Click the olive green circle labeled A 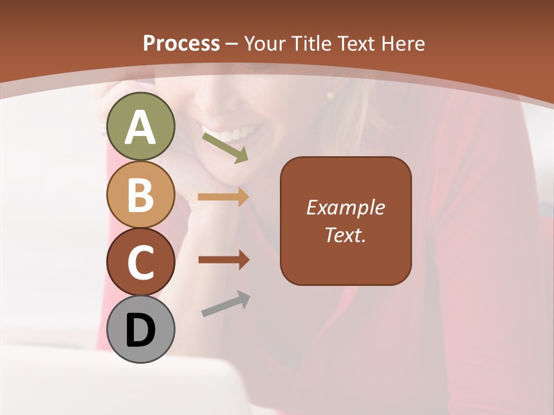pos(141,126)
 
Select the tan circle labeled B pos(141,194)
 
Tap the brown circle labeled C pos(141,262)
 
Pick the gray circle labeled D pos(141,330)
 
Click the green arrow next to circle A pos(225,148)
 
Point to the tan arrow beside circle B pos(223,197)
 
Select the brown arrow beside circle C pos(223,260)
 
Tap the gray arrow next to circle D pos(226,304)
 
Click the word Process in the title pos(181,43)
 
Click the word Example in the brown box pos(346,207)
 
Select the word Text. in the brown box pos(346,235)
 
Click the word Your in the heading pos(265,43)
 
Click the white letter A pos(141,127)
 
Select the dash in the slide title pos(232,44)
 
